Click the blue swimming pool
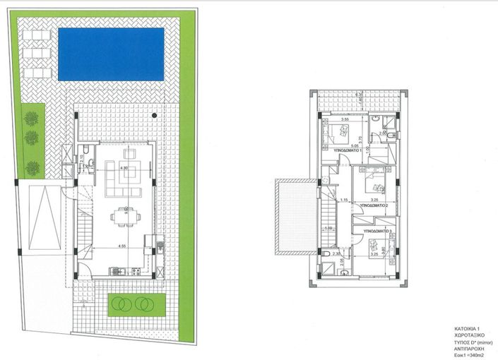click(x=112, y=53)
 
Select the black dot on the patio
click(x=153, y=114)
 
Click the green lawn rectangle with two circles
click(x=134, y=304)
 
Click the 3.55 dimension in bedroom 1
click(x=345, y=120)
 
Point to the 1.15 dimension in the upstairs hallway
click(x=344, y=200)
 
